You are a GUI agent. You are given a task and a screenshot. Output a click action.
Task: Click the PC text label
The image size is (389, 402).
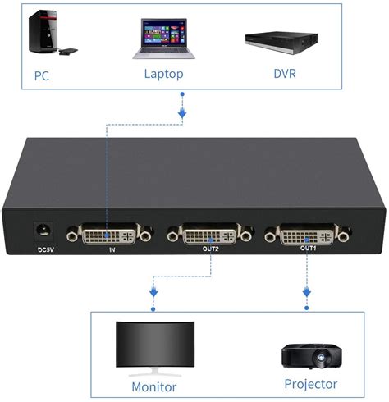coord(41,75)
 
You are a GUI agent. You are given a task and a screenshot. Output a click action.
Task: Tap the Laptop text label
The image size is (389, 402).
coord(163,74)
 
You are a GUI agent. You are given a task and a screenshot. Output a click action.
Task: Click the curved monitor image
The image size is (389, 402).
coord(153,346)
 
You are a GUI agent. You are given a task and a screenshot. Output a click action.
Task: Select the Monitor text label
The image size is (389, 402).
coord(154,386)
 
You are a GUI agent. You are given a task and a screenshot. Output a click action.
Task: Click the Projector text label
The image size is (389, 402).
coord(310,384)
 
